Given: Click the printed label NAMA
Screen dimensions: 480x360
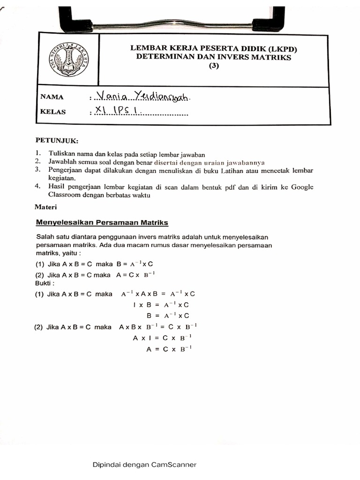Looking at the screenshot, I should (52, 97).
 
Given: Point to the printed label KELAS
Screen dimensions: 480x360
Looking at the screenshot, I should (53, 112).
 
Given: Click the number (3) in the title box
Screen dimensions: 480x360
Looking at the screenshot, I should (213, 66).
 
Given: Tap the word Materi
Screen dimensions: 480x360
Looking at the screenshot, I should (46, 207).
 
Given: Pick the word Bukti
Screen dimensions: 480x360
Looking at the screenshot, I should (45, 283).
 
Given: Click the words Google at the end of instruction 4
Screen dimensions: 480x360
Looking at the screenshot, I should (302, 187).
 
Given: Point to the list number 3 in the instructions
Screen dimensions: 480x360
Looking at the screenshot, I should (38, 169).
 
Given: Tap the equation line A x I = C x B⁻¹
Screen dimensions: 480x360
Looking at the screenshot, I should (162, 337).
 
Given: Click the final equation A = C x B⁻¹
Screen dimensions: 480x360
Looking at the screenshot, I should (169, 349).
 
